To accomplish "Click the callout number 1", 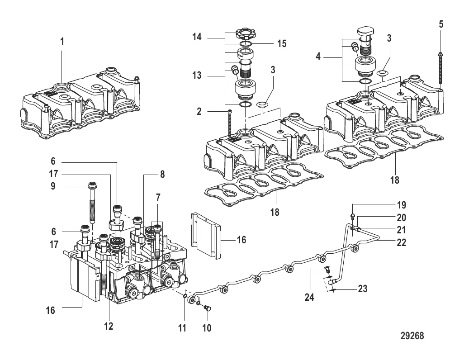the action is point(62,42).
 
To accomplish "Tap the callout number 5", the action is point(441,24).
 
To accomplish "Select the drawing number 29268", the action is point(412,336).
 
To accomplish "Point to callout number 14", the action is point(197,37).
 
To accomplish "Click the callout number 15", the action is point(282,43).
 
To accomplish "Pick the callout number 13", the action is point(197,75).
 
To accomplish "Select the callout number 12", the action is point(109,326).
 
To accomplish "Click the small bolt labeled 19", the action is point(352,217).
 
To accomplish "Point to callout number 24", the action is point(309,297).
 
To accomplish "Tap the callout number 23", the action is point(363,289).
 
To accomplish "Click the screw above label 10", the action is point(208,309).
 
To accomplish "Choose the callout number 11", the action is point(182,328).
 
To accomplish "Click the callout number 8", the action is point(162,175).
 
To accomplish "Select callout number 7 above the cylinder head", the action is point(158,198).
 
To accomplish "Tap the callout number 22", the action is point(401,242).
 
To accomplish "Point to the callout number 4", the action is point(318,56).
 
